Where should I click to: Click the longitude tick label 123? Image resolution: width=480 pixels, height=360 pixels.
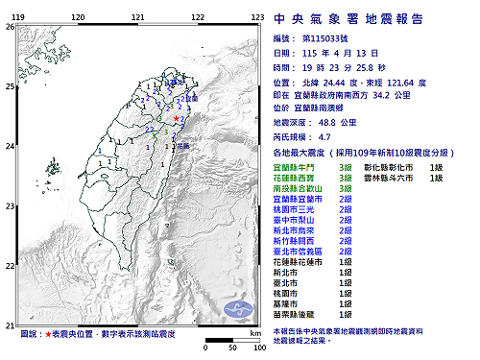tap(257, 17)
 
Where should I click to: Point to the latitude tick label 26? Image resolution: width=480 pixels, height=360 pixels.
tap(10, 27)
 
